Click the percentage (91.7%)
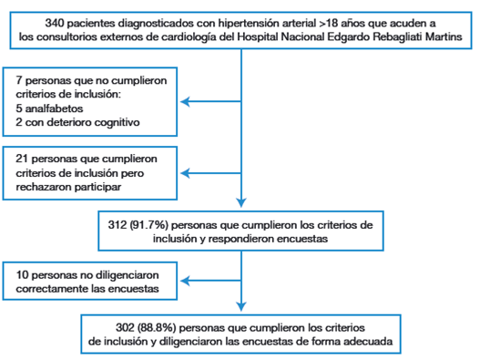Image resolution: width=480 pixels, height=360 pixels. tap(148, 221)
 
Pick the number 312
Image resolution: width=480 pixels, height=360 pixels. tap(119, 221)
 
